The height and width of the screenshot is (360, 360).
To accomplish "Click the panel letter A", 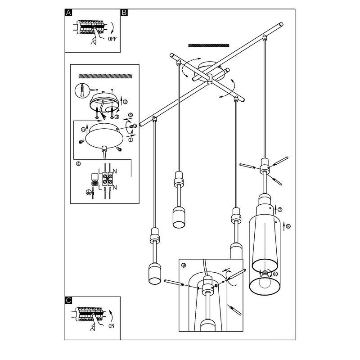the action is pos(68,13).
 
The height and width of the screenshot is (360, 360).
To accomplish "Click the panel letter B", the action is pos(124,13).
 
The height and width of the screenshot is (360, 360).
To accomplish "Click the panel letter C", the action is pos(68,300).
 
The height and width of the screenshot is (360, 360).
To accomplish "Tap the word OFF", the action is pos(112,39).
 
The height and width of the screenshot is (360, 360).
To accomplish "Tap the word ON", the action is pos(111,326).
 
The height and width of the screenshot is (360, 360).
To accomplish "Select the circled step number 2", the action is pos(126,102).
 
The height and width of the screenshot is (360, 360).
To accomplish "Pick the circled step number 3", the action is pos(117,117).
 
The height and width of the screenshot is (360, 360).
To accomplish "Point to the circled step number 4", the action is pos(78,164).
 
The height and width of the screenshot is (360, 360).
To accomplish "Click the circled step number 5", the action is pos(83,130).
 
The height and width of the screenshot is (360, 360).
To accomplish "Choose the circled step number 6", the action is pos(130,115).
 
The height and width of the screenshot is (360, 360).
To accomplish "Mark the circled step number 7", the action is pos(280,209).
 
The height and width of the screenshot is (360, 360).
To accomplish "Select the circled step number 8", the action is pos(288,226).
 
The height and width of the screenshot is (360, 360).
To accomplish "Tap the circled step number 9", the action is pos(184,265).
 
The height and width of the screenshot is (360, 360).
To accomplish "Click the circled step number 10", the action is pos(275,274).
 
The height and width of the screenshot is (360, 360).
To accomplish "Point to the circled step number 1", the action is pos(131,139).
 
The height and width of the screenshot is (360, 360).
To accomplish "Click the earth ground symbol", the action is pos(88,193).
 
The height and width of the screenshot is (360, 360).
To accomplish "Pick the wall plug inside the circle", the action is pos(82,91).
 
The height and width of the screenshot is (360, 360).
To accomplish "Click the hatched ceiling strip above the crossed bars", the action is pos(209,45).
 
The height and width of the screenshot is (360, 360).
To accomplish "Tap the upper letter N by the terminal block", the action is pos(115,171).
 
